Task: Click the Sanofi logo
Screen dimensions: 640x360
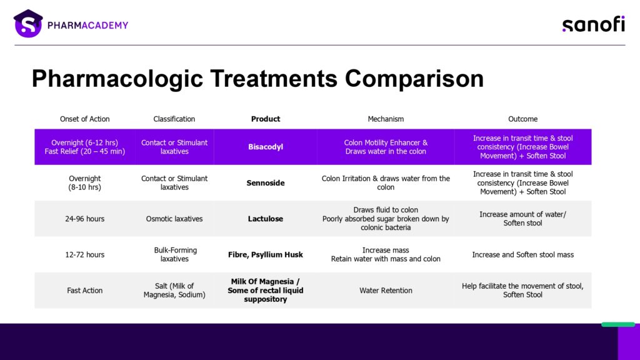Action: click(x=594, y=24)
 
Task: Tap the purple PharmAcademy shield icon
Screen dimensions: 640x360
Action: click(x=28, y=24)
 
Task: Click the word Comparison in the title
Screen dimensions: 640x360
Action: click(x=414, y=78)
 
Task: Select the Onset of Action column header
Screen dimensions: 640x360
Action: click(x=85, y=119)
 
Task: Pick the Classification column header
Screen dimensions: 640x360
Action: click(x=174, y=119)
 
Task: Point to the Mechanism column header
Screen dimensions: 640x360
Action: click(x=386, y=119)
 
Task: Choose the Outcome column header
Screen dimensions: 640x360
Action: click(x=523, y=119)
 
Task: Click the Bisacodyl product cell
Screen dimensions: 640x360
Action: click(x=266, y=147)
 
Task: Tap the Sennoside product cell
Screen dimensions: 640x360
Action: click(x=266, y=183)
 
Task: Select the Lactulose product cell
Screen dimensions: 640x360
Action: click(x=266, y=219)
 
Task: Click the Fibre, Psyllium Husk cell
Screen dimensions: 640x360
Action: click(x=266, y=255)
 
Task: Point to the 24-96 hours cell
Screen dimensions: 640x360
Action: click(x=85, y=219)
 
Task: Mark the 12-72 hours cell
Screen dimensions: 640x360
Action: click(x=85, y=255)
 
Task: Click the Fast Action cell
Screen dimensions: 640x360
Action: click(x=85, y=291)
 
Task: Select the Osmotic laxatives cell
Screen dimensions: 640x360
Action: click(x=174, y=219)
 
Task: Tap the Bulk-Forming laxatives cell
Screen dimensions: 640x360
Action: click(x=175, y=255)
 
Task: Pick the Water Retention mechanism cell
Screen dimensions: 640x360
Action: click(x=386, y=291)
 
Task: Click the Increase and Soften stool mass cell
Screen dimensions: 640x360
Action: click(x=523, y=255)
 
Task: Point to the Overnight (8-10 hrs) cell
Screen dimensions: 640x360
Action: click(x=85, y=183)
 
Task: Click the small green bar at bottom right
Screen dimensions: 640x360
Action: click(x=618, y=324)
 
